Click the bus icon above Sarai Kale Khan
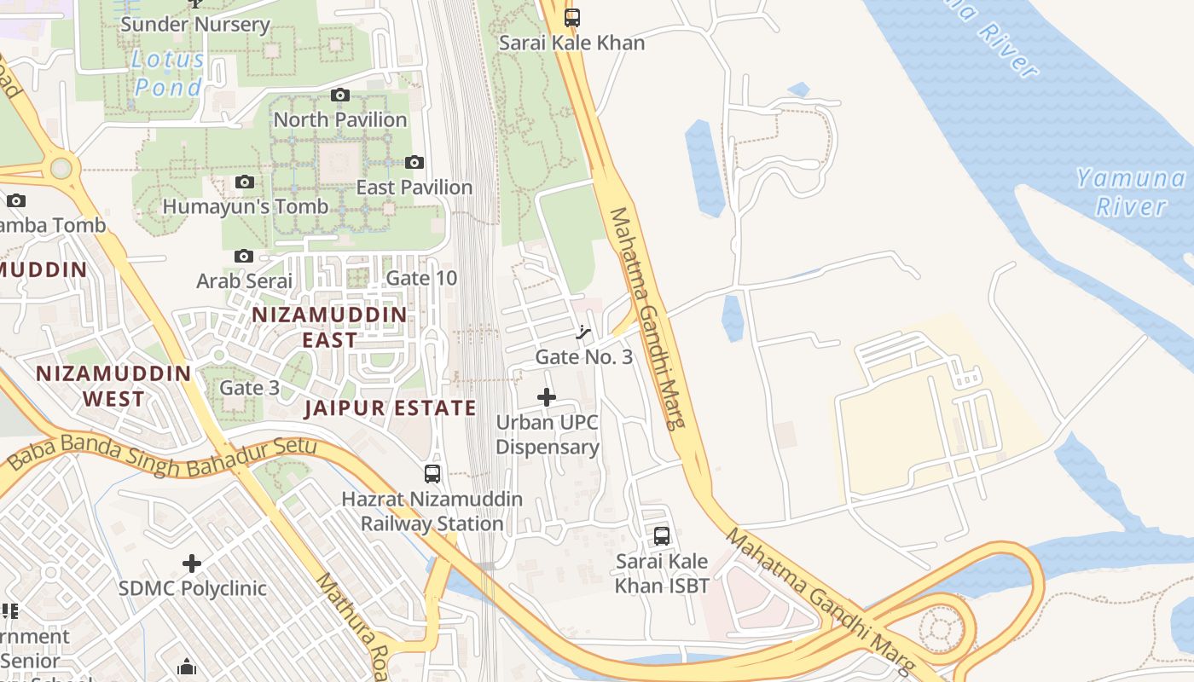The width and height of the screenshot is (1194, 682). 571,17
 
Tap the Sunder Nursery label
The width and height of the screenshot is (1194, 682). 195,24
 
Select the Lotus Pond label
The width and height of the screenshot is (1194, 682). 168,72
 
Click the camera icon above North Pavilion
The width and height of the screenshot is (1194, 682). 340,95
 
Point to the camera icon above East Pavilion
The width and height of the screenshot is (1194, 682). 414,162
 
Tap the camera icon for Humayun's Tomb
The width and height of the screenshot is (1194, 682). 245,182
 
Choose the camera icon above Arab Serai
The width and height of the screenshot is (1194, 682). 244,256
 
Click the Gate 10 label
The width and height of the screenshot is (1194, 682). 421,278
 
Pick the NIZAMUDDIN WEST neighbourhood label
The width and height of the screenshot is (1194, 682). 113,386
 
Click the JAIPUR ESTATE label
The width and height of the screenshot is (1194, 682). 391,407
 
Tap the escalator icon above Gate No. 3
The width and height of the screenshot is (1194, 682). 584,332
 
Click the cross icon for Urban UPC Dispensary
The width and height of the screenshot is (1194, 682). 547,397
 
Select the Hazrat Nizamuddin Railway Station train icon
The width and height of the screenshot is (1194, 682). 432,474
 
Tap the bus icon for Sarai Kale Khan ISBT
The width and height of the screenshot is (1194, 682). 662,536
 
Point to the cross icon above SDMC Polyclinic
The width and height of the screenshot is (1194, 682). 192,564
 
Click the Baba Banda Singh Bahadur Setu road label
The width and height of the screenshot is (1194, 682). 162,458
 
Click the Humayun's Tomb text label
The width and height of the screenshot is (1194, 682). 245,206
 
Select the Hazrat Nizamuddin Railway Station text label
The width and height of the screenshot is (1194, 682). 422,511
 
